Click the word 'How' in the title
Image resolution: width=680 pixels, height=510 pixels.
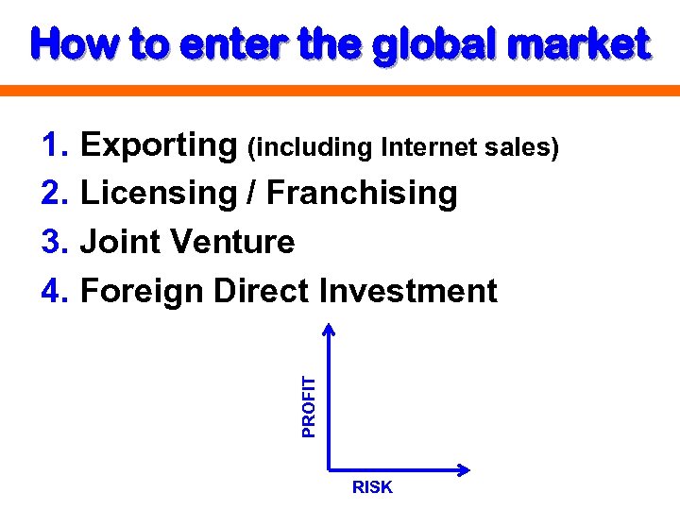(x=68, y=43)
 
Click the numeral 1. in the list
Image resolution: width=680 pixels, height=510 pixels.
(x=56, y=144)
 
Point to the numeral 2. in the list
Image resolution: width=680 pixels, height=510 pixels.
(x=56, y=194)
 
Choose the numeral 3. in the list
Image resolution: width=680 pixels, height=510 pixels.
(x=56, y=243)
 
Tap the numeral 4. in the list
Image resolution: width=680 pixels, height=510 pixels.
(x=56, y=292)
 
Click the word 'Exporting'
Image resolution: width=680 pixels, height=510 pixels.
(x=159, y=145)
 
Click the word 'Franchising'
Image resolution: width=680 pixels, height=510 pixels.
(x=363, y=194)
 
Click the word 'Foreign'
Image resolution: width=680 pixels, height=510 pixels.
(x=144, y=292)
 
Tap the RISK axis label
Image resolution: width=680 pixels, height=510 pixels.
(x=372, y=487)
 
